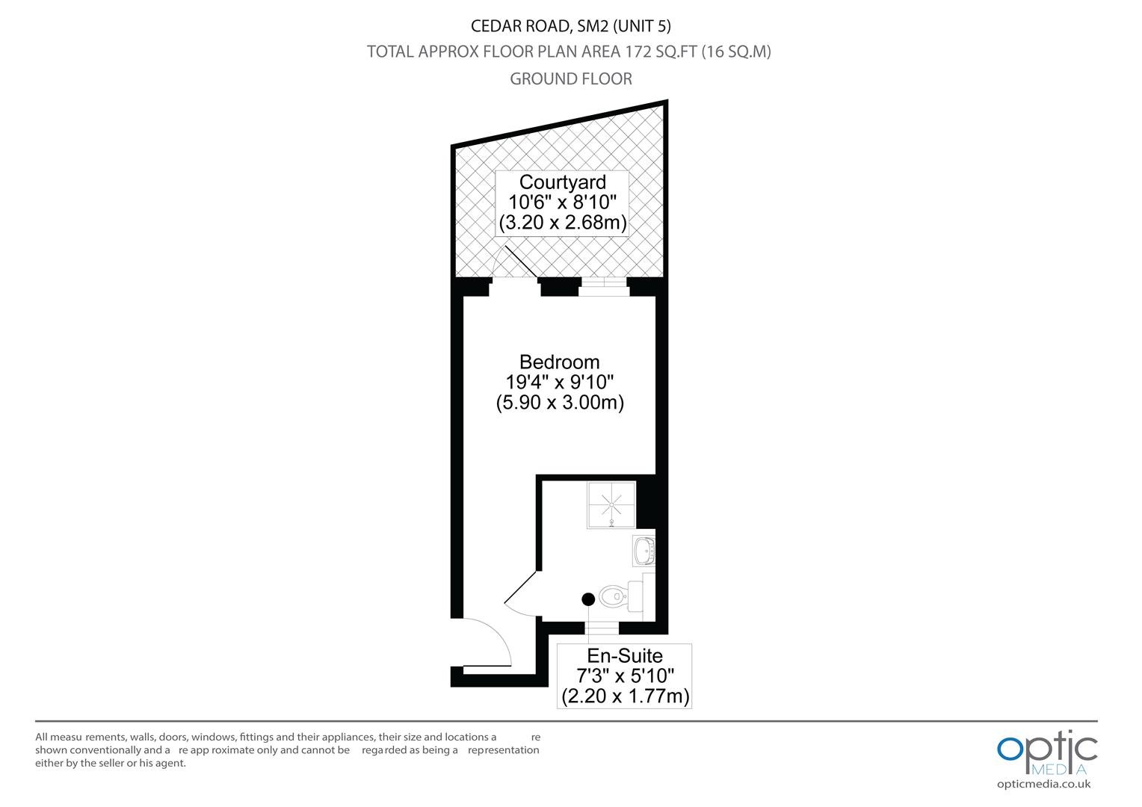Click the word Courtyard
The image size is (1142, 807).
[562, 182]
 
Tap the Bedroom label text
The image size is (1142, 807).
[559, 362]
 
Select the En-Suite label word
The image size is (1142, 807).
[625, 655]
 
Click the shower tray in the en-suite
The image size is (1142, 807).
[611, 504]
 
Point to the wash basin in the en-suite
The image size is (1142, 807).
[644, 551]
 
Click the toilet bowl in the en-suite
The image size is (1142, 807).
[614, 596]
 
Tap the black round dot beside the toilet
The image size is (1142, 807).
[588, 599]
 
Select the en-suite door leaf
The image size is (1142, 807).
[520, 587]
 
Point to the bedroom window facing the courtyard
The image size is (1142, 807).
[604, 287]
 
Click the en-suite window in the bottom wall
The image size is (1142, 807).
[602, 628]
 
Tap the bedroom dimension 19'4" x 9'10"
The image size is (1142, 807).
[559, 382]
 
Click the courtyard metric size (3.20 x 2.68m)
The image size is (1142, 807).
[562, 222]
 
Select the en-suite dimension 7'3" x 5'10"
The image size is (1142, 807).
[625, 675]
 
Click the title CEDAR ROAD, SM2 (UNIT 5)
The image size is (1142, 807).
[570, 26]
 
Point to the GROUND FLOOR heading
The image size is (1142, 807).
[571, 78]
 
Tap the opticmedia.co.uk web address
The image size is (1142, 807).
[1043, 785]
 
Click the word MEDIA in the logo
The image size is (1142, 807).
[1058, 770]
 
